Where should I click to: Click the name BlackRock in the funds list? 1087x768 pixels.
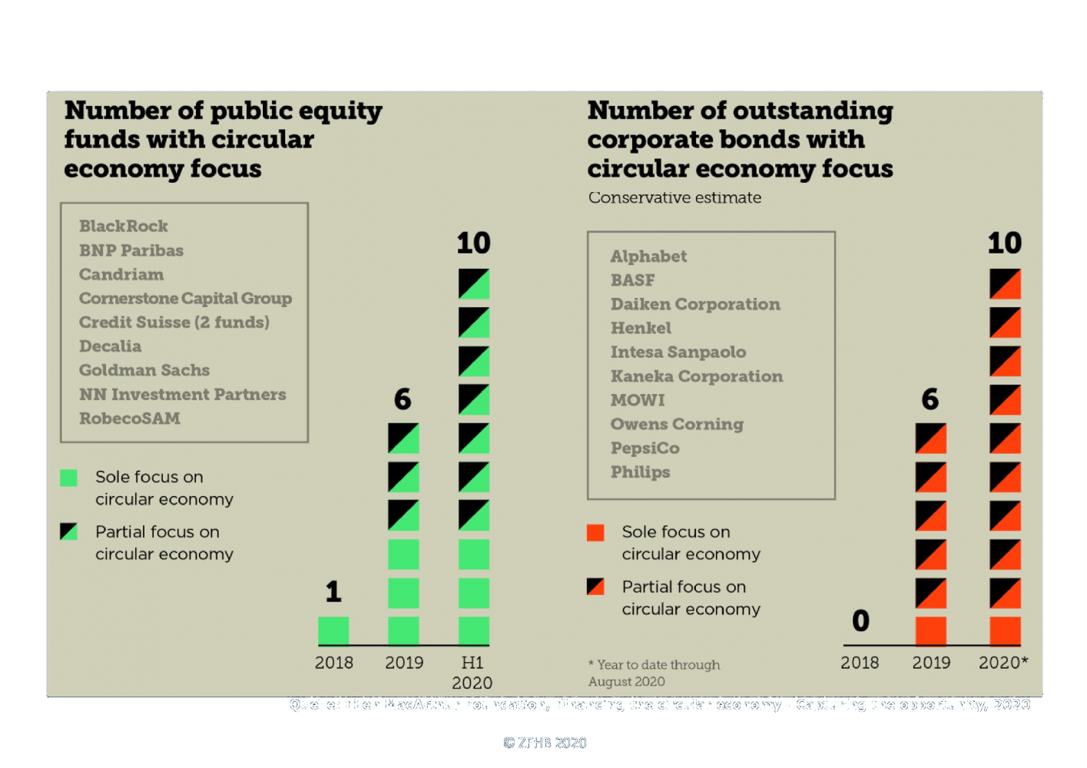click(123, 226)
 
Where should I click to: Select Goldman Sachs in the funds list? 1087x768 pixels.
click(144, 370)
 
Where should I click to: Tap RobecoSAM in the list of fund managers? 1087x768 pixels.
click(129, 419)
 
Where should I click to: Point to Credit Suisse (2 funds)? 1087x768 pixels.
click(174, 322)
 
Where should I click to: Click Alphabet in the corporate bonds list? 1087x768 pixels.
click(648, 257)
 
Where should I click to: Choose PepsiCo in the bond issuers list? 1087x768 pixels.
click(645, 448)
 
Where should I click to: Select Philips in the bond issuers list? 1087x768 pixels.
click(640, 472)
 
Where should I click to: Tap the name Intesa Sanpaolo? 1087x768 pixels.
click(678, 352)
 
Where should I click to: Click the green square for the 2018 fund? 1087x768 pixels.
click(333, 631)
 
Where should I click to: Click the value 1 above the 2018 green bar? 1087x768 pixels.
click(333, 591)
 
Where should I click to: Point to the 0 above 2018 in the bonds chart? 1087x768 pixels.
click(860, 621)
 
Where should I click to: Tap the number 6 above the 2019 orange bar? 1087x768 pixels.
click(930, 399)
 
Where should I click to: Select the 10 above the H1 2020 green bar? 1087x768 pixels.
click(473, 243)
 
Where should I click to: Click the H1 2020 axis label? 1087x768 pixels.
click(472, 672)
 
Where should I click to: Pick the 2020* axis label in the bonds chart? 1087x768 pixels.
click(1002, 662)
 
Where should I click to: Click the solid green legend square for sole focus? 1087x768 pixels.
click(68, 478)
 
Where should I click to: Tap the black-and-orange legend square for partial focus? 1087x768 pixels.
click(595, 587)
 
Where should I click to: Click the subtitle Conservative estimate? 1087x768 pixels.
click(674, 197)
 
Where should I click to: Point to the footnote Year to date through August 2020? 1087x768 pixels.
click(654, 673)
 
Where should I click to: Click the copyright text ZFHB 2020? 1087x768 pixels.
click(545, 743)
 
